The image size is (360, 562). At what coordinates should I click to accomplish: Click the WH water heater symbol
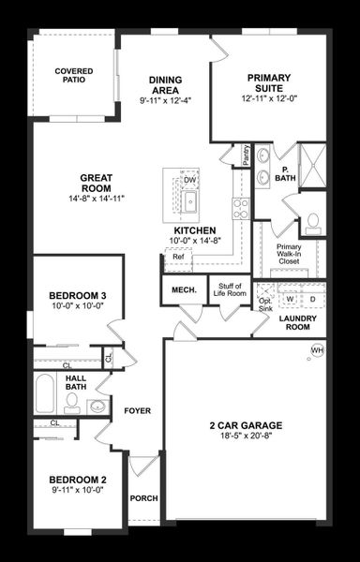pos(316,350)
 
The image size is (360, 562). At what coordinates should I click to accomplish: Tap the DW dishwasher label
pos(189,180)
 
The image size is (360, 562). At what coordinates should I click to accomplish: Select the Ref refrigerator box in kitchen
pos(177,256)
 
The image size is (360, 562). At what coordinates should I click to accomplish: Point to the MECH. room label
pos(183,290)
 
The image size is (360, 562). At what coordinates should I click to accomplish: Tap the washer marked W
pos(291,300)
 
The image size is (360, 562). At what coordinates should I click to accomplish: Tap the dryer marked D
pos(312,300)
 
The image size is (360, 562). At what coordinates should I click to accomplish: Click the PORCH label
pos(143,498)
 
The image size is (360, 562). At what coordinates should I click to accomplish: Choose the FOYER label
pos(137,410)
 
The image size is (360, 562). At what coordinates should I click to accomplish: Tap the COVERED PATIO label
pos(73,76)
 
